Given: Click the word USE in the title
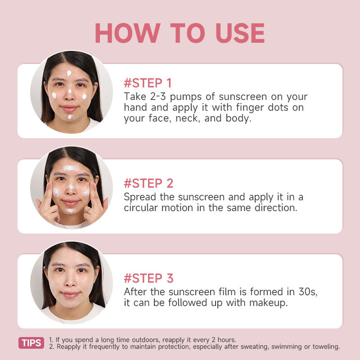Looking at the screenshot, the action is [240, 33].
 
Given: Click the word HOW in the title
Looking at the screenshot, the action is [128, 33].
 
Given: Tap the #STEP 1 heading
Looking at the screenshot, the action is [148, 83].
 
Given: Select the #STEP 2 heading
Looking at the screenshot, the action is [148, 183].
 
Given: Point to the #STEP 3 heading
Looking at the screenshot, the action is [148, 278].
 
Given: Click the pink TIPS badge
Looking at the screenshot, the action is [31, 343].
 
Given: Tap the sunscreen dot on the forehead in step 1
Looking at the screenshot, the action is [69, 73].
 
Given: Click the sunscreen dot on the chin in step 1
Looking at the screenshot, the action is [70, 117].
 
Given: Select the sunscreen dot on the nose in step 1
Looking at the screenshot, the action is [70, 91].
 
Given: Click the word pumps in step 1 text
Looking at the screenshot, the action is [186, 97].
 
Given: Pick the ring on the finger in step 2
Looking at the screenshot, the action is [89, 210].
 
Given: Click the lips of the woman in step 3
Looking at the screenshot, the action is [71, 294].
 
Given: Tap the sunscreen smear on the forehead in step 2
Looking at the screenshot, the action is [71, 168].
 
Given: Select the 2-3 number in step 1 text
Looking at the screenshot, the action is [158, 97].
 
